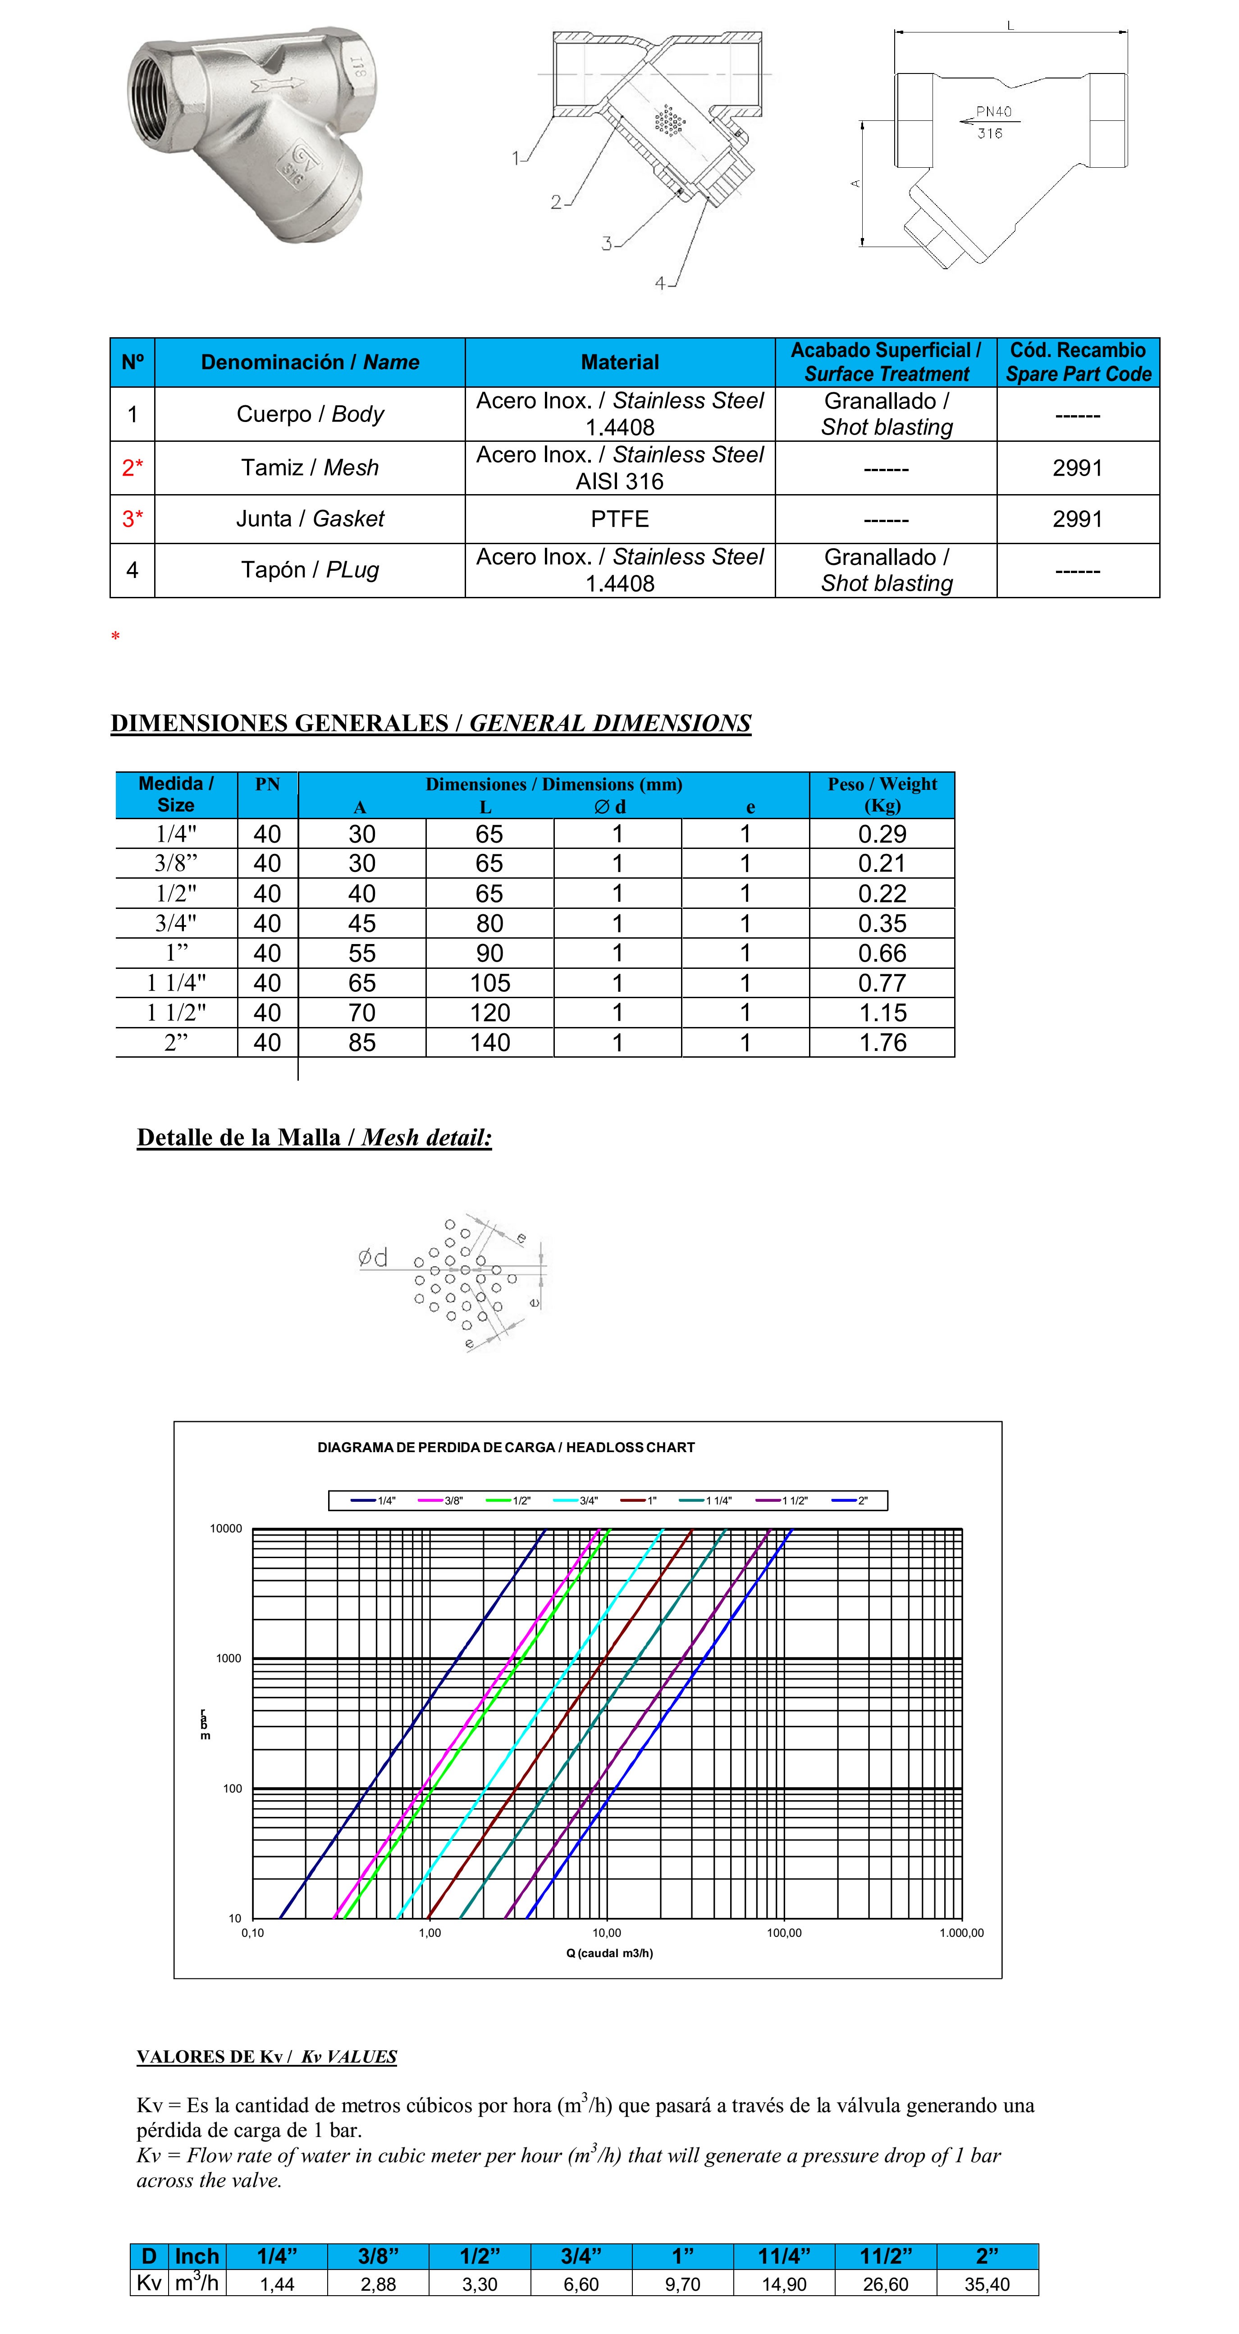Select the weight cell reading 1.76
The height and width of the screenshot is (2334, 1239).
pyautogui.click(x=882, y=1043)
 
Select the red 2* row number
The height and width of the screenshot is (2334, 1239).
pyautogui.click(x=132, y=468)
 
